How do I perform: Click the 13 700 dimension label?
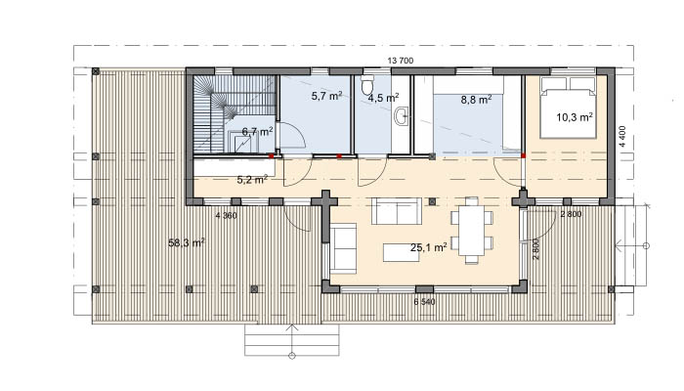click(x=400, y=61)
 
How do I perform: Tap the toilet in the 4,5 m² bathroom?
click(x=367, y=85)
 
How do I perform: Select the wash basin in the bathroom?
click(x=402, y=116)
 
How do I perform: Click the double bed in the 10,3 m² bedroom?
click(x=568, y=108)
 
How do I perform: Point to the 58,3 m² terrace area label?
click(x=187, y=242)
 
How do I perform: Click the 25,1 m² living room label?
click(x=428, y=247)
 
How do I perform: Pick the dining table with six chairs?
click(x=472, y=231)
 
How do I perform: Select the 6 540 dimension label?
click(x=424, y=301)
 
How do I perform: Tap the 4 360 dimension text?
click(x=227, y=215)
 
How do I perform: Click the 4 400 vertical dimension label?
click(x=622, y=137)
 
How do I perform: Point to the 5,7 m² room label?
click(x=326, y=95)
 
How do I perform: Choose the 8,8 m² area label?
click(x=477, y=100)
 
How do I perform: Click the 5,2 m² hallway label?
click(x=252, y=179)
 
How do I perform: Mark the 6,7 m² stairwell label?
click(x=257, y=131)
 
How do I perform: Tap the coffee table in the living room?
click(x=401, y=252)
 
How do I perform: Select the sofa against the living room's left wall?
click(x=343, y=248)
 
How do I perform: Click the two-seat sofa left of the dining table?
click(x=397, y=211)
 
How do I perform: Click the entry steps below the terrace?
click(x=292, y=340)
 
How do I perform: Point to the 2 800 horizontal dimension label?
click(x=571, y=214)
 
